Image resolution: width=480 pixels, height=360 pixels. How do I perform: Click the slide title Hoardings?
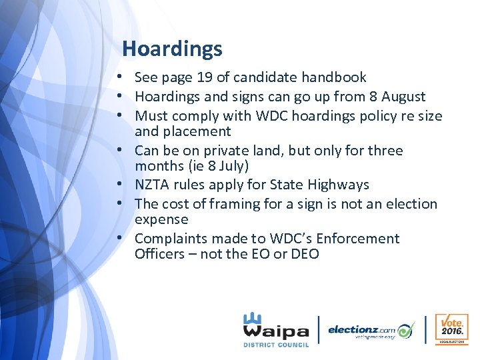pos(172,49)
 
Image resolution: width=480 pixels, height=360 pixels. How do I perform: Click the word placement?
pos(197,131)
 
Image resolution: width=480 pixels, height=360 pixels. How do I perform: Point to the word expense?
pos(161,219)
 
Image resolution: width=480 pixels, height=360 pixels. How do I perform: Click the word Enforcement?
pos(354,239)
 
